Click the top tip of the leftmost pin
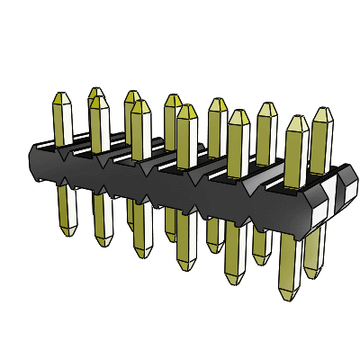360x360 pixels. pyautogui.click(x=62, y=94)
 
